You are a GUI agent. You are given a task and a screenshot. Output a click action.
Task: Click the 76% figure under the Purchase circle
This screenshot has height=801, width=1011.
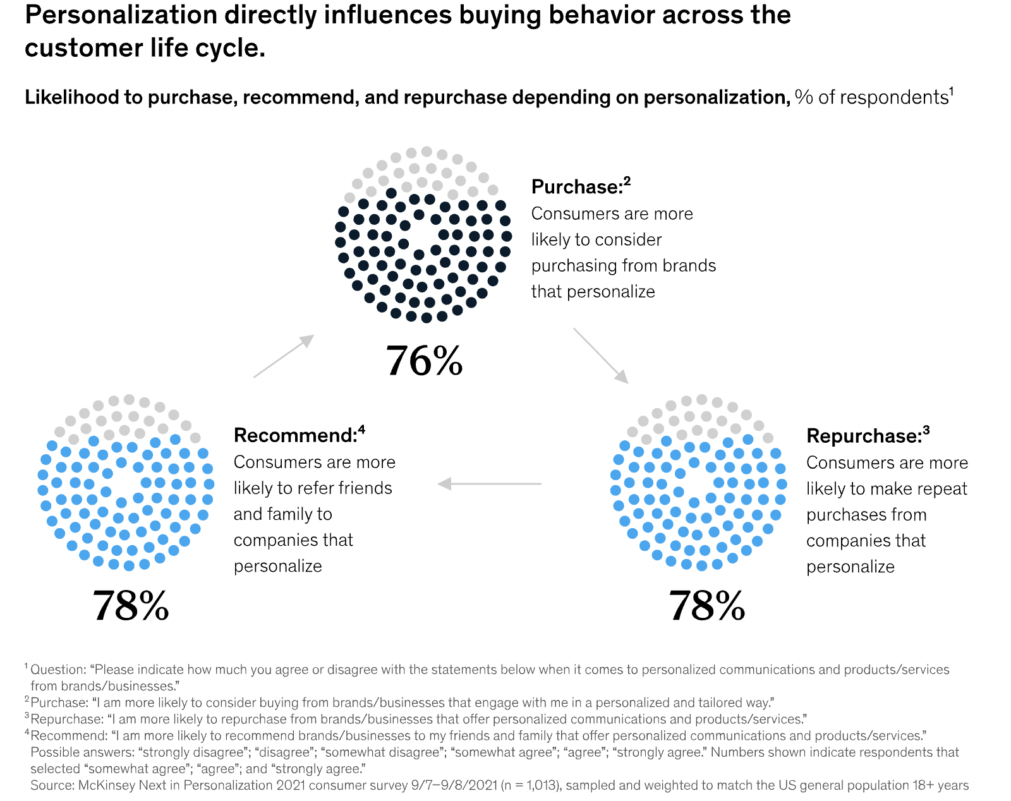click(x=424, y=361)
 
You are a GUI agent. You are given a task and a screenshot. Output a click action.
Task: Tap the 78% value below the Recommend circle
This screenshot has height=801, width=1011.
click(x=131, y=606)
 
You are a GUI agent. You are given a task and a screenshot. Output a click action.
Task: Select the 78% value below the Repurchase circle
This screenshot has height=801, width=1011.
click(x=707, y=606)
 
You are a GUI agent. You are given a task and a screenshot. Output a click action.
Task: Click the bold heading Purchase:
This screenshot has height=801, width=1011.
click(x=577, y=187)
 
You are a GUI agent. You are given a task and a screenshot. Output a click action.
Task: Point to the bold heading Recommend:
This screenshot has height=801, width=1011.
click(x=295, y=435)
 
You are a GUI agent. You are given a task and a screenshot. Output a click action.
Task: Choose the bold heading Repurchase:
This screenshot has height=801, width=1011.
click(x=864, y=436)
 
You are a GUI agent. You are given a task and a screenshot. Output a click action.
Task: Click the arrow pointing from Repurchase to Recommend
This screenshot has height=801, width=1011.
click(x=489, y=484)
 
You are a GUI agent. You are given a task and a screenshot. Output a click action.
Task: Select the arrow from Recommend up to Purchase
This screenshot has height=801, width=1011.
click(x=284, y=356)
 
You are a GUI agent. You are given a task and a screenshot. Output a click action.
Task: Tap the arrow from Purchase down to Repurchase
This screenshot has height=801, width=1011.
click(x=601, y=356)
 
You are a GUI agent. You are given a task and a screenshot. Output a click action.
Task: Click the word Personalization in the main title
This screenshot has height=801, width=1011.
click(x=120, y=15)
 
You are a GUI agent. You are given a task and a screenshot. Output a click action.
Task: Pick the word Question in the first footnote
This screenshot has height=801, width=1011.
click(x=58, y=670)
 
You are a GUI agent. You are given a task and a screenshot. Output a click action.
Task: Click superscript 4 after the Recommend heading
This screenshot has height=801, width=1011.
click(x=361, y=430)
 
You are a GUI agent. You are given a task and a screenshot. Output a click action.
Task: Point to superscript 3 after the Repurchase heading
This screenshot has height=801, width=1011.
click(x=926, y=430)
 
